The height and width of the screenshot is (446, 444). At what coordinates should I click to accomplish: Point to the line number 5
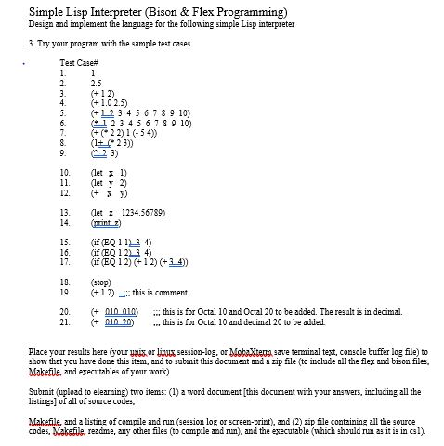[62, 112]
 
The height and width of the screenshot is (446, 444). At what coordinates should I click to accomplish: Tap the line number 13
[64, 214]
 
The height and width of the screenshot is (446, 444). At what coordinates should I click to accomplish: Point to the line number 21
[64, 322]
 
